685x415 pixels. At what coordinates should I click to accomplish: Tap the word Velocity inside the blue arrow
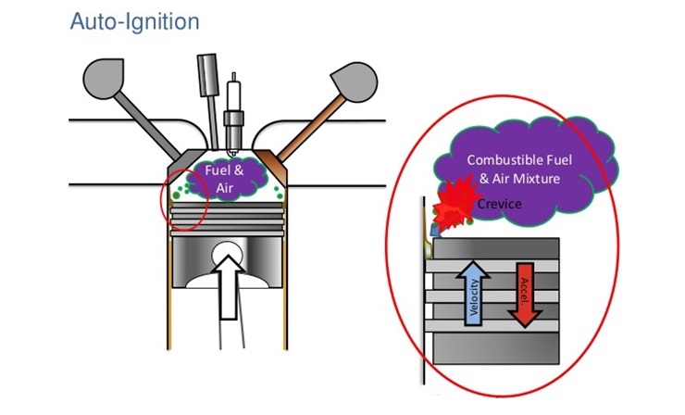click(473, 298)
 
